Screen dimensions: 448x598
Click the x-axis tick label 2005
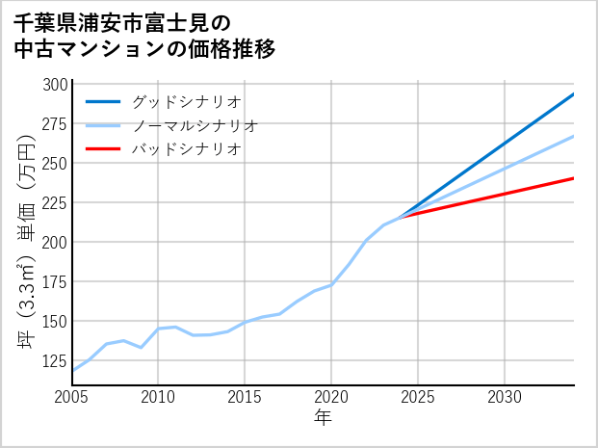72,397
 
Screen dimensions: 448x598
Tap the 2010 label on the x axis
159,397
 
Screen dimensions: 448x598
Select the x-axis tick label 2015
246,397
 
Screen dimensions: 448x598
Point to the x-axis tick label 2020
331,397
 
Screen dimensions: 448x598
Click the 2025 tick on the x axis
418,397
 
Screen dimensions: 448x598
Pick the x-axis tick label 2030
505,397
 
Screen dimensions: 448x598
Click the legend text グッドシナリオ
186,101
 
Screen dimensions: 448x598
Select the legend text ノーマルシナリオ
195,125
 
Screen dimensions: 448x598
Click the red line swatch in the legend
103,149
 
